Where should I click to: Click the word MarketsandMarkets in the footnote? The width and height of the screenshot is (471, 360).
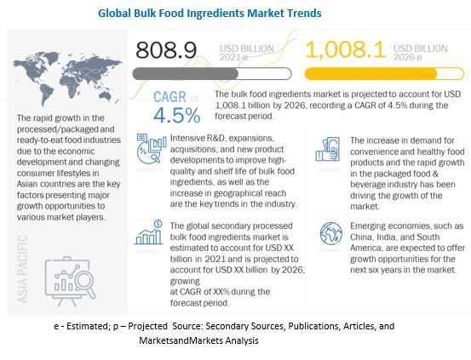180,340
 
